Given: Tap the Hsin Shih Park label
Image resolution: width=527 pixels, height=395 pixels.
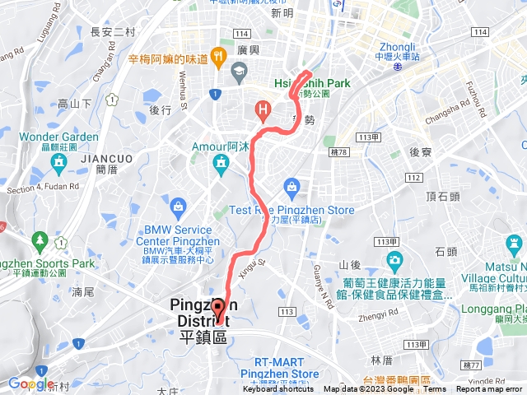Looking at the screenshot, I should click(312, 83).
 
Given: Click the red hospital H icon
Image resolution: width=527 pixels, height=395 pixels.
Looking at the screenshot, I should click(263, 108).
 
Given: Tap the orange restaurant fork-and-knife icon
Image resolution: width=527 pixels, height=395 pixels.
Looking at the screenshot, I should click(218, 57).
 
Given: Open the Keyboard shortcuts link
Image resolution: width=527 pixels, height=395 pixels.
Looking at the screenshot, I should click(278, 389).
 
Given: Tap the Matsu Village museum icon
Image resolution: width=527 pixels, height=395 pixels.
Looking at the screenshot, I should click(512, 244).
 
